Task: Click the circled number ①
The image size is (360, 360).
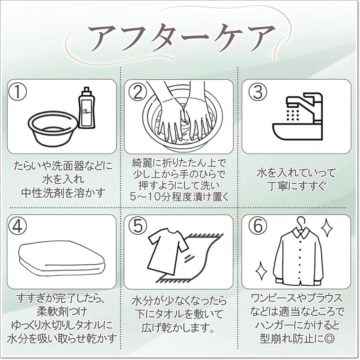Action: click(18, 92)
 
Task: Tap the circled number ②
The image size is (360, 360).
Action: click(138, 92)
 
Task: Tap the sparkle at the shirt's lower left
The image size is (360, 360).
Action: click(262, 271)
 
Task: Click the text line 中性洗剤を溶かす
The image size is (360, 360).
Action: click(62, 192)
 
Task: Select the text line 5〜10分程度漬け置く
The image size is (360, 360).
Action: click(178, 197)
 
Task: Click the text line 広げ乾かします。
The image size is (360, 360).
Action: click(178, 328)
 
